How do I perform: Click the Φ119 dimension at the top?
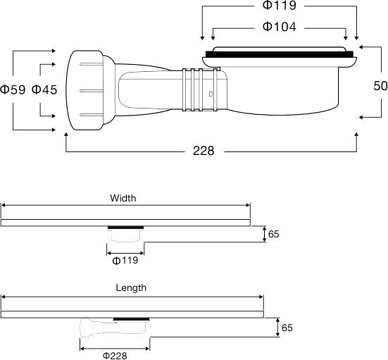point(279,6)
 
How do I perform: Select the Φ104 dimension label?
point(279,27)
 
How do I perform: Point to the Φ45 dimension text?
point(44,89)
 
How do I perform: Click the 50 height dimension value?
point(380,85)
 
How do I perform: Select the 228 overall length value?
point(204,151)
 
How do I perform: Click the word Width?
point(123,199)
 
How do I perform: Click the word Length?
point(131,287)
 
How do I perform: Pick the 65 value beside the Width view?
point(273,234)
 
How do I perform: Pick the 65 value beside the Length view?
point(287,327)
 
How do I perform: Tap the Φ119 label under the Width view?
point(125,260)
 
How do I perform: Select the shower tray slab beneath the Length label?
point(132,314)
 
